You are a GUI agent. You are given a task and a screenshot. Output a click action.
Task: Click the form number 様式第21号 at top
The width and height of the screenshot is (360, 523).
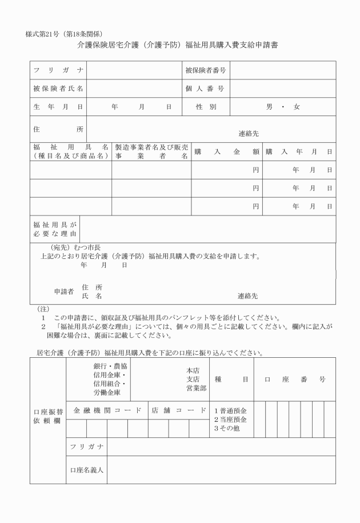click(47, 33)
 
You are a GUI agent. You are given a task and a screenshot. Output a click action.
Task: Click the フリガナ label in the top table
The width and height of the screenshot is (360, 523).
click(58, 70)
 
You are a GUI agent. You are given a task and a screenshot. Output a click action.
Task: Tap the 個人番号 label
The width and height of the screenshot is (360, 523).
click(205, 89)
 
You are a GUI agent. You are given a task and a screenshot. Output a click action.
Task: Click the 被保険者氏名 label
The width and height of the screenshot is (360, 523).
click(58, 89)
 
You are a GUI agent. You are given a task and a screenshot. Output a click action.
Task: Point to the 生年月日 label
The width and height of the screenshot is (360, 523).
click(58, 107)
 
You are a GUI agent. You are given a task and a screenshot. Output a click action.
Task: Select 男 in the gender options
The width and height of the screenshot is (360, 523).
click(269, 107)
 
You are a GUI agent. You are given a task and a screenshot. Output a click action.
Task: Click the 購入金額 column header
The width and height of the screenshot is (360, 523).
click(227, 151)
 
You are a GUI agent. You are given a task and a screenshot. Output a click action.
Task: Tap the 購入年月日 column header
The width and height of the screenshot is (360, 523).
click(298, 151)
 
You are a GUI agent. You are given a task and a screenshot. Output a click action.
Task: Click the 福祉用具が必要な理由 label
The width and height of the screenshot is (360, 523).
click(55, 229)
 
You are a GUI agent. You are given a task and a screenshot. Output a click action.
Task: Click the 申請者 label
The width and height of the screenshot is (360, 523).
click(64, 291)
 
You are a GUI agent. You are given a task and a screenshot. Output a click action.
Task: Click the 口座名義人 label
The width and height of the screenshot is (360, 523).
click(86, 470)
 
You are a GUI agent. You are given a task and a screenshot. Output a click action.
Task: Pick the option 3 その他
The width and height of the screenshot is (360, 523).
click(227, 429)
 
